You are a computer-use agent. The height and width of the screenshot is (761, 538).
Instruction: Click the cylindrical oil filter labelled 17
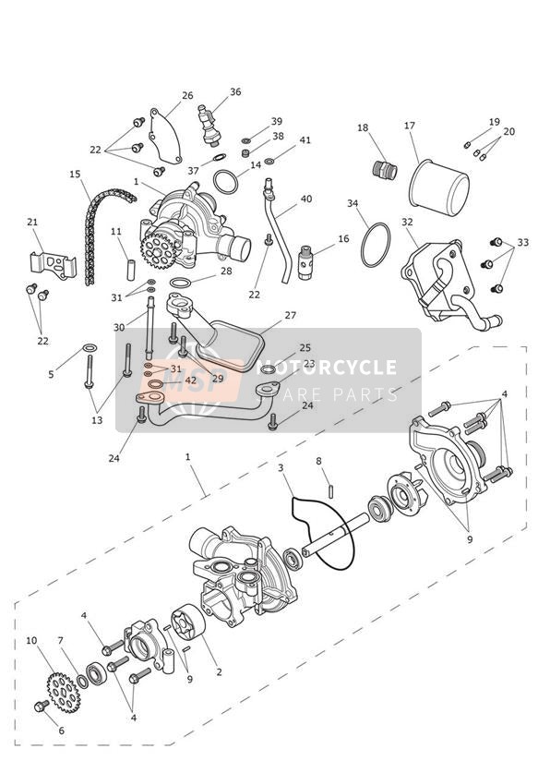coord(439,187)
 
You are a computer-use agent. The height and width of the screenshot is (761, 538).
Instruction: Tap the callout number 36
coord(235,91)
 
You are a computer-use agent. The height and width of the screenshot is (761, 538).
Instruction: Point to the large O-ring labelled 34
coord(375,245)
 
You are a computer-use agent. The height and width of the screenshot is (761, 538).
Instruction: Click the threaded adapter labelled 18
coord(385,169)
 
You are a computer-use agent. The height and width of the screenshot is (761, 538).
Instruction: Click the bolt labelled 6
coord(42,706)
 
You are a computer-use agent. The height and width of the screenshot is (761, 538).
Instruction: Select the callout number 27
coord(290,316)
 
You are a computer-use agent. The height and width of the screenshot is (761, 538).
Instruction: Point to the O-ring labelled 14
coord(225,182)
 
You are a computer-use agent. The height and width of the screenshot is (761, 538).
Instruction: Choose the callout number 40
coord(306,199)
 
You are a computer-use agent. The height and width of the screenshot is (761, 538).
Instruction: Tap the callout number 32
coord(407,222)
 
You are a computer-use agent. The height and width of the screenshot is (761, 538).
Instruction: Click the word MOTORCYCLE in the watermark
coord(327,368)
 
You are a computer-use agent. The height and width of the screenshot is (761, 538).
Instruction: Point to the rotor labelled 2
coord(187,622)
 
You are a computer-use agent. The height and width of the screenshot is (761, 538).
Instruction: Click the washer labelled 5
coord(90,347)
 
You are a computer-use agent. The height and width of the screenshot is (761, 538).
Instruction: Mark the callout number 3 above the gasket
coord(281,468)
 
